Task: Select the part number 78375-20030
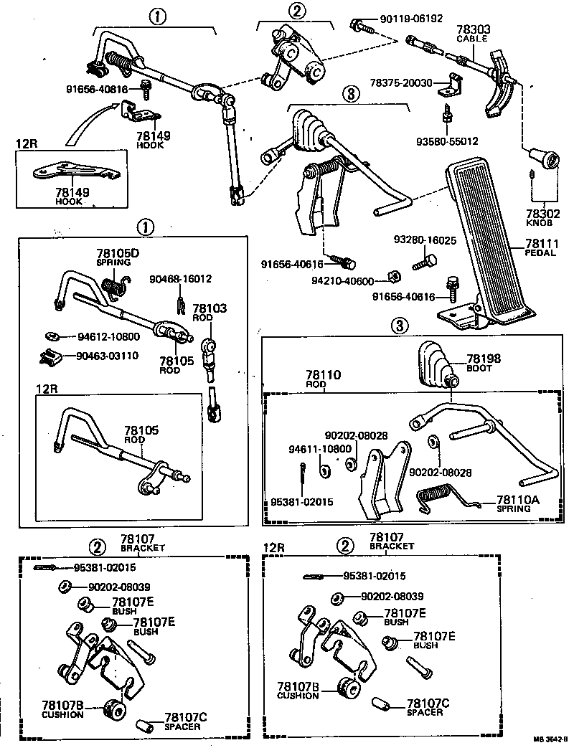[x=402, y=83]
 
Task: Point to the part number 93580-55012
[x=446, y=141]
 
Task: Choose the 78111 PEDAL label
[x=542, y=247]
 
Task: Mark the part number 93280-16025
[x=424, y=240]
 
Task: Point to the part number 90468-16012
[x=180, y=278]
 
